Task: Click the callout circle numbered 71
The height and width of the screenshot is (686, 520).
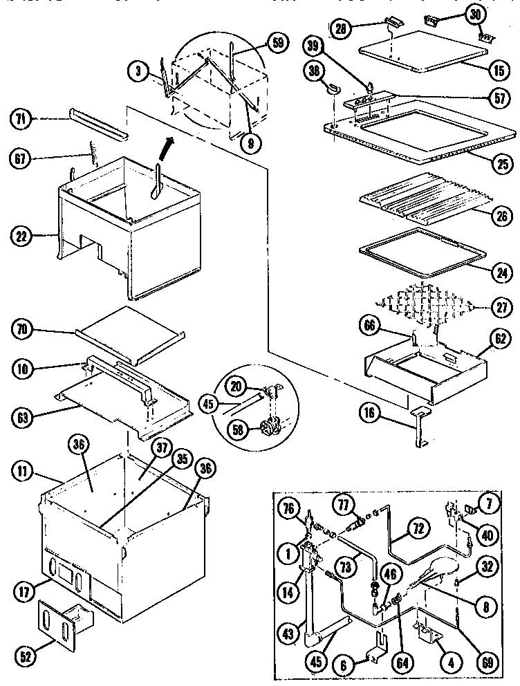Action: point(20,119)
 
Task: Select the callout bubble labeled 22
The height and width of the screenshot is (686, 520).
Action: point(22,236)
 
